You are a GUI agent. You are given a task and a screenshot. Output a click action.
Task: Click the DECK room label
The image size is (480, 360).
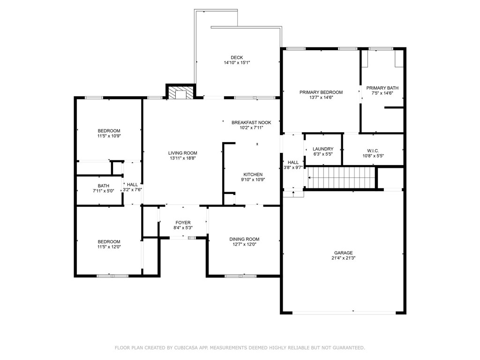tap(237, 57)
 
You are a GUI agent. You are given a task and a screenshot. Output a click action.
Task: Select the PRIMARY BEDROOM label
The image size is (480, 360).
tap(321, 92)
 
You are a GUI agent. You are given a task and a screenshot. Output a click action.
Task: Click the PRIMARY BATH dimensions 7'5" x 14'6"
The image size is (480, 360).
tap(382, 93)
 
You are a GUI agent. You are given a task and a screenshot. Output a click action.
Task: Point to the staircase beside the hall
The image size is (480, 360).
tap(341, 178)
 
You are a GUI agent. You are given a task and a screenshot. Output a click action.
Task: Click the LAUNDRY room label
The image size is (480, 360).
tap(323, 149)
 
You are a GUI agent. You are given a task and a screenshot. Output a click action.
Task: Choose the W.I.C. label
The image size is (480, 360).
tap(373, 150)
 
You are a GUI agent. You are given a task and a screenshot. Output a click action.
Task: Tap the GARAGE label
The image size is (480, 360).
tap(343, 253)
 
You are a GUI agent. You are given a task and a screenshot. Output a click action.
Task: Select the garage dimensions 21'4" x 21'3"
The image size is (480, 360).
tap(343, 258)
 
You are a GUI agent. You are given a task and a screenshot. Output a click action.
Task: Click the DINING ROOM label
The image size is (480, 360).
tap(244, 239)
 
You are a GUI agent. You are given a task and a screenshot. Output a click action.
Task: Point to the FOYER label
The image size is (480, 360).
tap(183, 223)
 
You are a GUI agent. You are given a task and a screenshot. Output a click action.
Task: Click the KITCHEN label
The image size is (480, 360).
tap(253, 174)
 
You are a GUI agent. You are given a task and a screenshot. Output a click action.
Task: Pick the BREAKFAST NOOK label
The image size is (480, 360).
tap(251, 122)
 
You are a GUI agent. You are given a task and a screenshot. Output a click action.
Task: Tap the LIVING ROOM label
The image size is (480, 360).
tap(183, 153)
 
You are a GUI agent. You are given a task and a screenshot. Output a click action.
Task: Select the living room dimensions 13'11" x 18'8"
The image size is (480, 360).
tap(183, 158)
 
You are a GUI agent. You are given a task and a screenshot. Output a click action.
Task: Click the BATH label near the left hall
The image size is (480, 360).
tap(104, 186)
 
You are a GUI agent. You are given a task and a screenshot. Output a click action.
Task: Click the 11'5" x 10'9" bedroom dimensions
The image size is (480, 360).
tap(109, 136)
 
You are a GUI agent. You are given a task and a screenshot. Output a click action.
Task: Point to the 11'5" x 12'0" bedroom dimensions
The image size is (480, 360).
tap(109, 247)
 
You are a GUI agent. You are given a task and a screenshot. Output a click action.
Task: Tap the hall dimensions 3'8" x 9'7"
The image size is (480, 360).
tap(293, 167)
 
